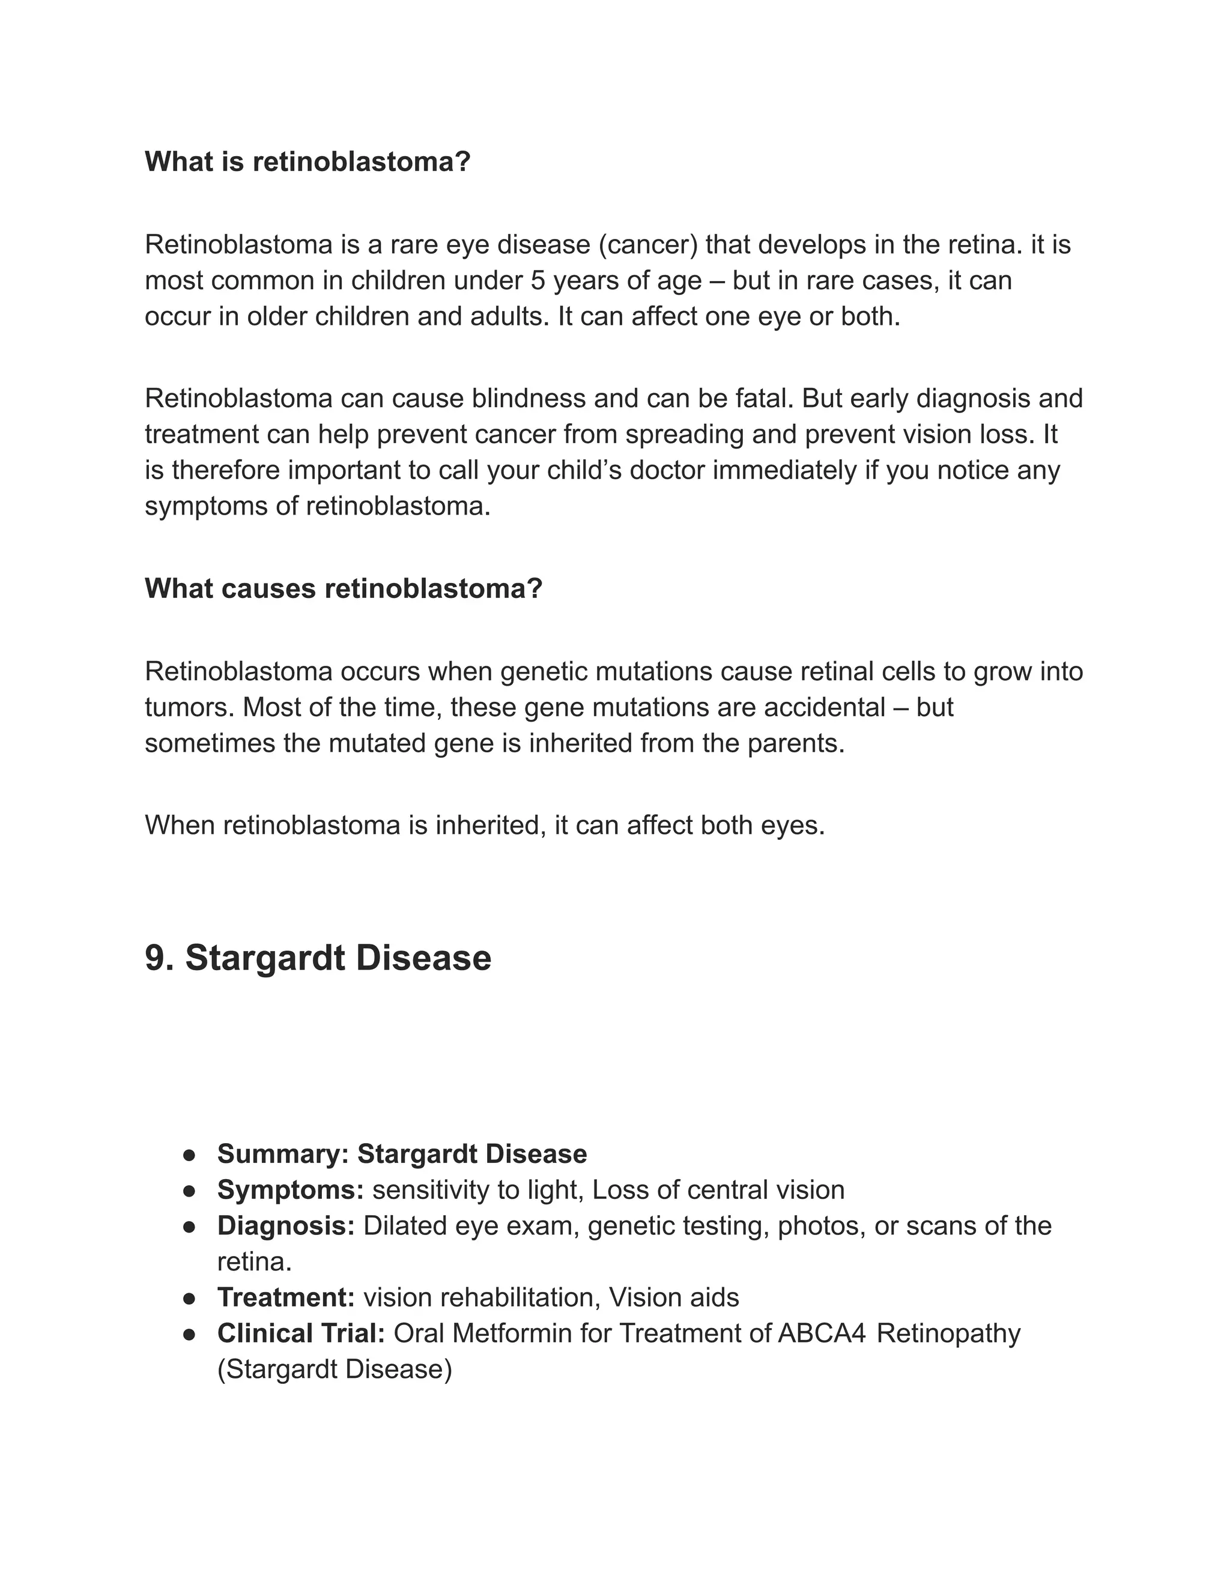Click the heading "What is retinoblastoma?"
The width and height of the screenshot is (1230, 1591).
pyautogui.click(x=307, y=162)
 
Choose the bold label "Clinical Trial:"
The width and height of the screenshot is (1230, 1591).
pyautogui.click(x=301, y=1333)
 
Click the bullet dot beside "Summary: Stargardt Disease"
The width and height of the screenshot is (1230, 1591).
pyautogui.click(x=189, y=1155)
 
